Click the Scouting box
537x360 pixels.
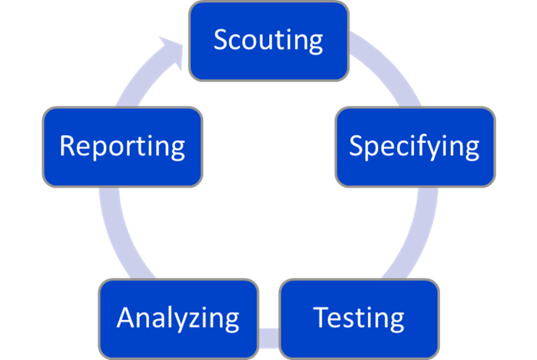pos(268,41)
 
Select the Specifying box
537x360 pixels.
pos(415,147)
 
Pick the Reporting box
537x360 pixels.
pos(122,147)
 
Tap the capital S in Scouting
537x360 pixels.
pos(221,40)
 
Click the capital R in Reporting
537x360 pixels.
pos(67,147)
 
